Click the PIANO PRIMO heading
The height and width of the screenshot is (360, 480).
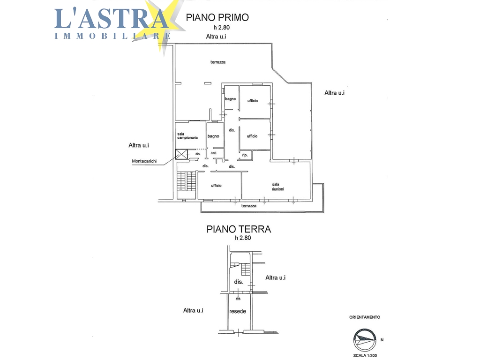[217, 17]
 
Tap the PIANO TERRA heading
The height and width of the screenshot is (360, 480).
[239, 229]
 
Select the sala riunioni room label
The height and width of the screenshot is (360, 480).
[277, 187]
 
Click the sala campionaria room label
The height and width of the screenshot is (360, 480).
[187, 136]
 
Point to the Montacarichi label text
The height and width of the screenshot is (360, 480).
[144, 161]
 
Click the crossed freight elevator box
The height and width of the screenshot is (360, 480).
[181, 154]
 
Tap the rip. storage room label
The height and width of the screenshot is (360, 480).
[245, 155]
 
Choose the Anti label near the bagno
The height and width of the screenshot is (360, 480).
[213, 153]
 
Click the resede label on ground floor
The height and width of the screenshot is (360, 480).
[238, 311]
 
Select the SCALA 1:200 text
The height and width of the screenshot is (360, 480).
[365, 356]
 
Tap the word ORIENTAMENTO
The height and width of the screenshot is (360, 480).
[365, 317]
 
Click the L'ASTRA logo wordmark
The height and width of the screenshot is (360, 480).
[112, 19]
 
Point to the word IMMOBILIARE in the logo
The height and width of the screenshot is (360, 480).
[112, 36]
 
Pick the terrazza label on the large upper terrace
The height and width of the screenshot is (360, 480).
[218, 62]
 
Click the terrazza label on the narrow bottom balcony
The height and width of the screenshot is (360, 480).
[249, 206]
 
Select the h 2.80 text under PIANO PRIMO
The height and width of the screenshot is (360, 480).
[222, 28]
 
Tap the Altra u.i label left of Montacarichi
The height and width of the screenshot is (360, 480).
[139, 145]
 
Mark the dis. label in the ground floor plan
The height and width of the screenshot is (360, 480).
[239, 282]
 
